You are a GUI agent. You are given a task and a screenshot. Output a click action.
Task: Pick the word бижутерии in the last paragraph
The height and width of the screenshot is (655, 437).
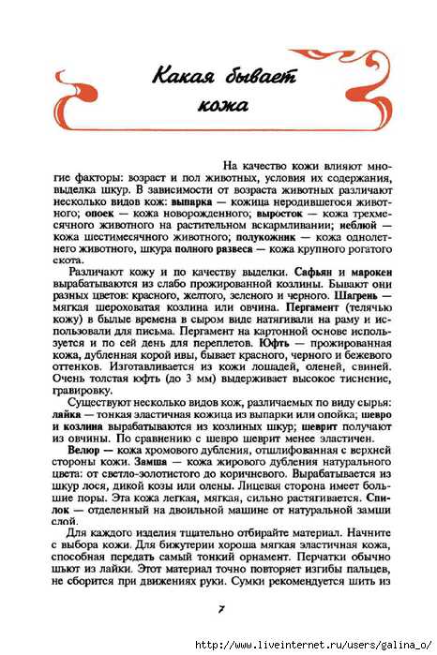click(238, 558)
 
